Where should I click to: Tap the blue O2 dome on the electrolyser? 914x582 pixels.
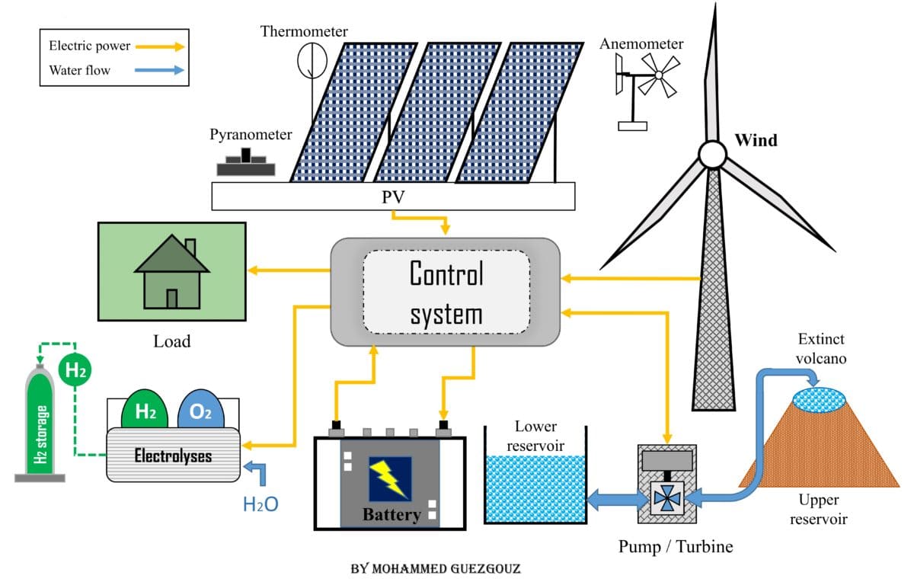click(x=201, y=411)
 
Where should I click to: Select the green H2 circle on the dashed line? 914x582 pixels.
click(x=75, y=371)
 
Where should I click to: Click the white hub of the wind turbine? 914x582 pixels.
click(x=713, y=155)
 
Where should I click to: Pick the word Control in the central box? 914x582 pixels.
click(x=446, y=273)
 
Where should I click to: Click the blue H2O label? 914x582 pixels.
click(x=260, y=504)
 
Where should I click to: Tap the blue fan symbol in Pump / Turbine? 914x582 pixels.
click(x=666, y=499)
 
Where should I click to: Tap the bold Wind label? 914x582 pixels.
click(x=756, y=140)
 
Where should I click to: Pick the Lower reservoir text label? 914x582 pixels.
click(x=535, y=435)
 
